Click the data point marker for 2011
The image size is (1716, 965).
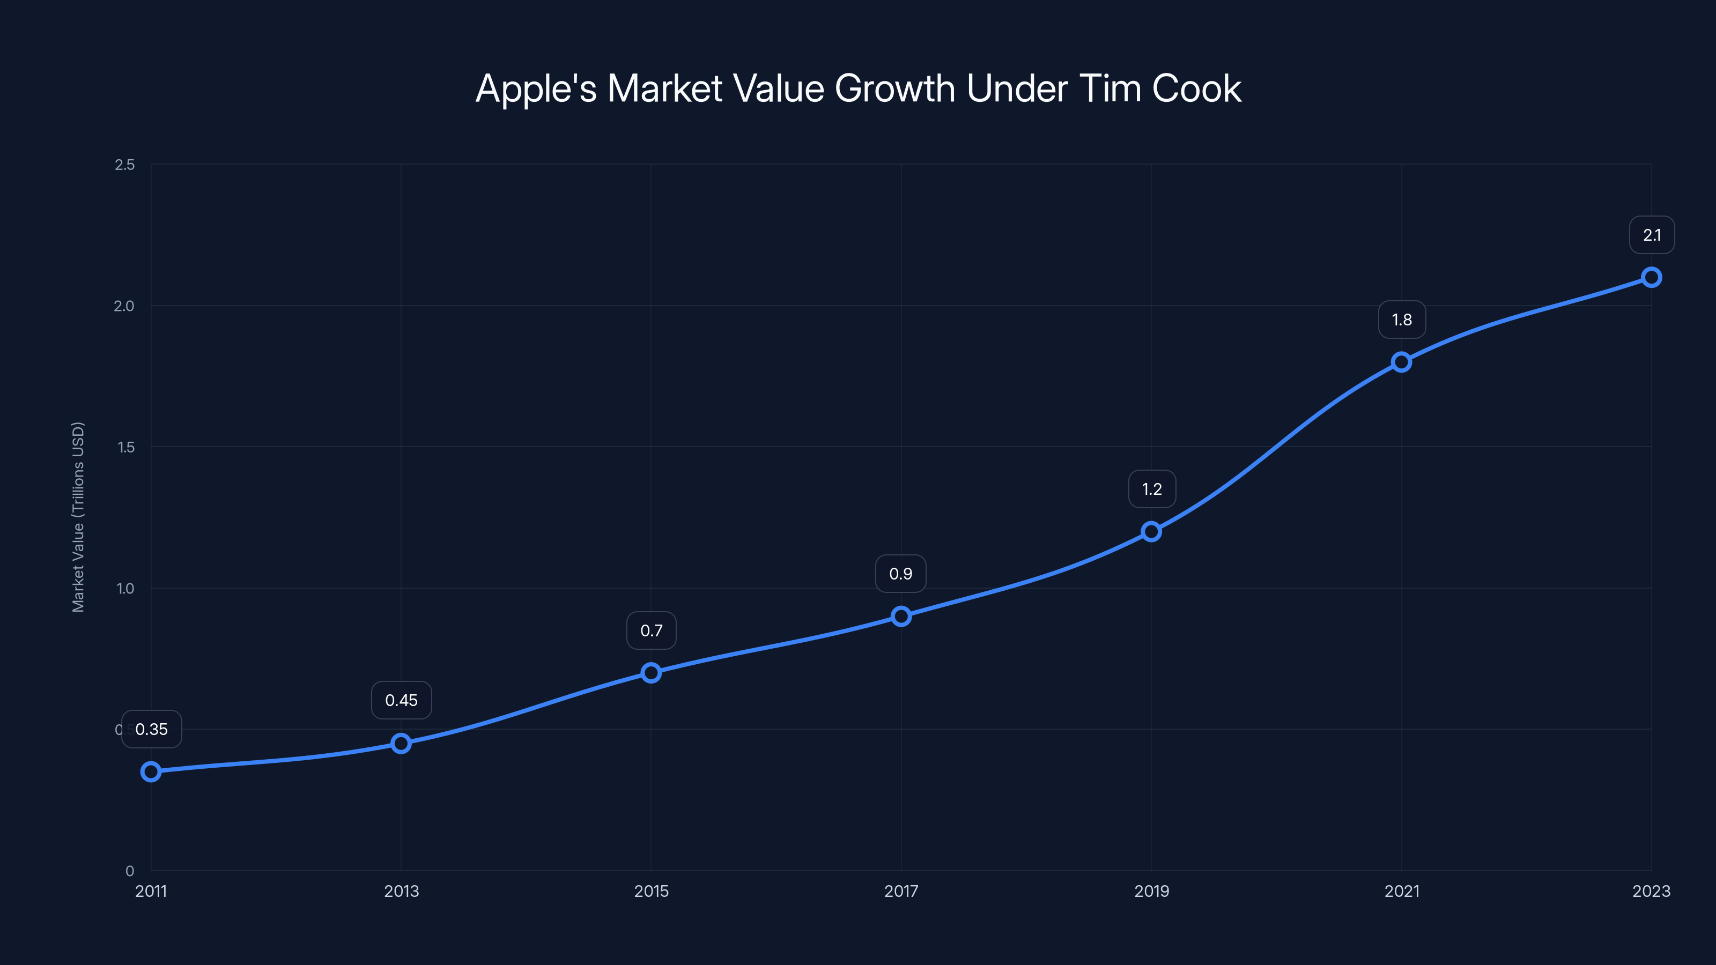click(151, 772)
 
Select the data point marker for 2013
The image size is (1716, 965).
click(401, 743)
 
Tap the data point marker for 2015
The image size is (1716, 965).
click(652, 673)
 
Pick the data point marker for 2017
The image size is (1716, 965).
click(901, 616)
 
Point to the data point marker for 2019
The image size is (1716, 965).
click(1151, 531)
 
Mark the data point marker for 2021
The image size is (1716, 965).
click(1402, 362)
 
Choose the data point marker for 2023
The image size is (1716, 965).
click(1652, 277)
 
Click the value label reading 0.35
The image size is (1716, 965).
click(151, 729)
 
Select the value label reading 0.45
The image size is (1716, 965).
click(401, 700)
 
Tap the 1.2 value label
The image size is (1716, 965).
click(1152, 489)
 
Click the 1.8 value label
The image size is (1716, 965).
click(1402, 320)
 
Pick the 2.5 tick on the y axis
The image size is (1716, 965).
click(124, 165)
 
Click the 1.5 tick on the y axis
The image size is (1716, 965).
click(126, 447)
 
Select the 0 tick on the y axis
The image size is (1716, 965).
click(130, 871)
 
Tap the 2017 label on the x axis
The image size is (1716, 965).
click(901, 891)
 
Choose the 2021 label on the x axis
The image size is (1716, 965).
click(1402, 891)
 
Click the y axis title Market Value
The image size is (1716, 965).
click(78, 517)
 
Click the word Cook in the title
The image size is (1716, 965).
click(1196, 88)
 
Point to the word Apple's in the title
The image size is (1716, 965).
click(536, 88)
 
